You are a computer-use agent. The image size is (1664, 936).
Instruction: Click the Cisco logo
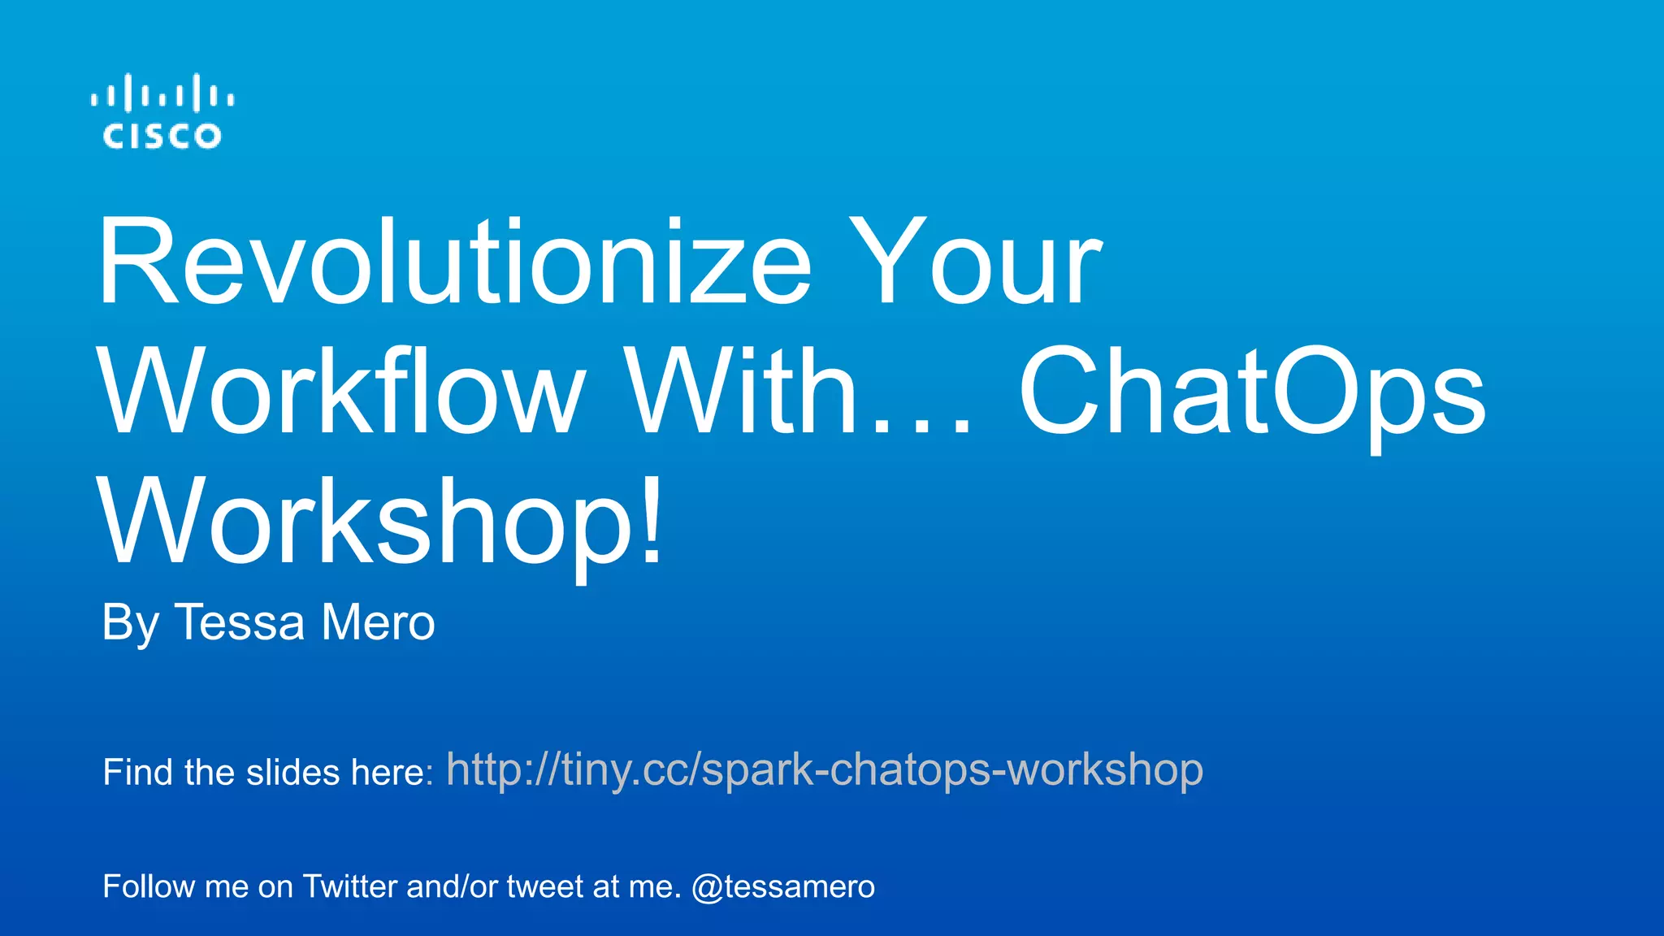click(x=162, y=112)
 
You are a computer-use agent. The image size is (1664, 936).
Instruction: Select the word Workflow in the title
click(x=341, y=392)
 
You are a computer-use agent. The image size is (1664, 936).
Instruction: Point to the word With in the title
click(x=743, y=392)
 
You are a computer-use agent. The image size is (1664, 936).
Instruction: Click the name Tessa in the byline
click(x=240, y=623)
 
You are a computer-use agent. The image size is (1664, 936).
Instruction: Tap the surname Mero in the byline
click(x=378, y=623)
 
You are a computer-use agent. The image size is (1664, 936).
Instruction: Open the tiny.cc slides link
click(x=825, y=770)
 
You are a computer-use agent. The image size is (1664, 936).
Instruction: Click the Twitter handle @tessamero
click(x=783, y=886)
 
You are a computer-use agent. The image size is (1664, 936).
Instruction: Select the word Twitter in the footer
click(x=350, y=886)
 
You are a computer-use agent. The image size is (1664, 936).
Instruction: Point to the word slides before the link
click(x=293, y=772)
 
